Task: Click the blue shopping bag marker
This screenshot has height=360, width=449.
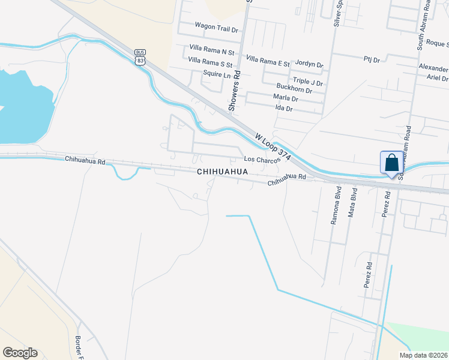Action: point(391,163)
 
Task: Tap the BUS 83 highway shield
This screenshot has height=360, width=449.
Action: point(140,56)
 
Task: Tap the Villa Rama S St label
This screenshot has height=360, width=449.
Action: point(210,61)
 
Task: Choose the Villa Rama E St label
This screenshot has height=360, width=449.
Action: point(268,62)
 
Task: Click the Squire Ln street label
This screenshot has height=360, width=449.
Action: point(217,74)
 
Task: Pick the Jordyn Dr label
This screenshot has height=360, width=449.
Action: point(309,64)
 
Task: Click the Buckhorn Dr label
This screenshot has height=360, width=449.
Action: point(294,90)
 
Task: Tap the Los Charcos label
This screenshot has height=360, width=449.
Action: point(262,160)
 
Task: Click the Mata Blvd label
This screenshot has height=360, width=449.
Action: point(354,202)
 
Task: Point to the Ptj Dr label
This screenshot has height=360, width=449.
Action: point(372,59)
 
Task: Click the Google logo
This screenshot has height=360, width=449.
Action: point(20,353)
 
